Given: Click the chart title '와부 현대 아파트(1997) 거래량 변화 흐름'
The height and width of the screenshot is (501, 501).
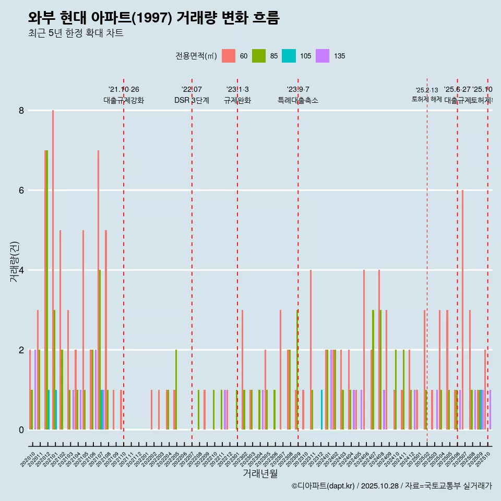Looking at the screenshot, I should (153, 18).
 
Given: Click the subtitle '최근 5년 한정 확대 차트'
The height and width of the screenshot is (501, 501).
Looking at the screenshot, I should (76, 34).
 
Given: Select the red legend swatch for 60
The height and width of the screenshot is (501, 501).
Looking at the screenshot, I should (228, 56).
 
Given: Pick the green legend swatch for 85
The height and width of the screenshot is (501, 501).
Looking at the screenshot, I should (258, 56).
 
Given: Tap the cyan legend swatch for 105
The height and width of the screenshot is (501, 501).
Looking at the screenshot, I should (289, 56).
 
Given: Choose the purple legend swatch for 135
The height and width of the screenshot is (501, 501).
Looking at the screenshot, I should (323, 56).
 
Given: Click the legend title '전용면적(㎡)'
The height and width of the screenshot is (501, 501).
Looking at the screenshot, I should (196, 56).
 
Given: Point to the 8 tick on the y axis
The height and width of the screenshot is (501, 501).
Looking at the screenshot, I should (21, 111).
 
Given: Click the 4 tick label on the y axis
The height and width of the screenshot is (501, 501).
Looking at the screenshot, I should (21, 270).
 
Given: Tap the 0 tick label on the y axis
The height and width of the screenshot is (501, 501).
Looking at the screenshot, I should (21, 430).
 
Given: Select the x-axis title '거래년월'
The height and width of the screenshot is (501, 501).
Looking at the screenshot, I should (260, 473).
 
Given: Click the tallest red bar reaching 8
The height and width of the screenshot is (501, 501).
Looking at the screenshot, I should (53, 270).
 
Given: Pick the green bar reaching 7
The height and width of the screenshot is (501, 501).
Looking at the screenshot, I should (46, 290).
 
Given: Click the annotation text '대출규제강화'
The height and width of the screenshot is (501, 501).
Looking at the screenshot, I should (124, 100).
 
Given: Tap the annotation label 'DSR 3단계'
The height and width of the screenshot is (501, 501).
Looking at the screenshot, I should (192, 100).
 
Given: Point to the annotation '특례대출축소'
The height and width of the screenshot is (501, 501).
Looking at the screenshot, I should (297, 100).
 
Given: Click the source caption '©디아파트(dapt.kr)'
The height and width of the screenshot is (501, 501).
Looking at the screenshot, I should (324, 486).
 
